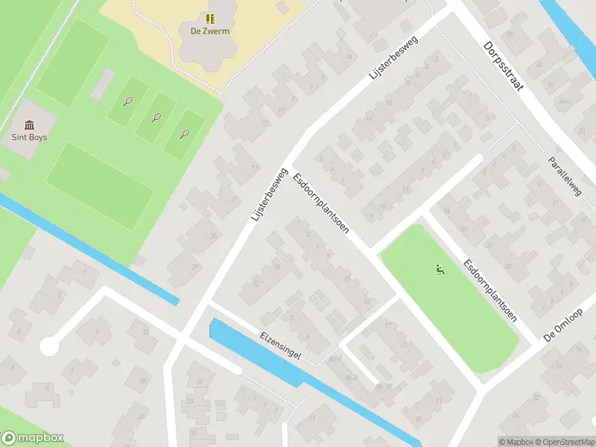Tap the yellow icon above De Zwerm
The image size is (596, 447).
coord(209,18)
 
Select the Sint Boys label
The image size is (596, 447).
coord(29,137)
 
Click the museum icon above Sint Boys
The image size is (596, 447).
coord(29,124)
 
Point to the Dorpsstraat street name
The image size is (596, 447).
coord(503,66)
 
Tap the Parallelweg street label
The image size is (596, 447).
coord(564,177)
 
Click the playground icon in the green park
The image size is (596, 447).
coord(439,270)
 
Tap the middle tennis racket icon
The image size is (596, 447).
coord(156,117)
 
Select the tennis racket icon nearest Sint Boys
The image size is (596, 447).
coord(128,101)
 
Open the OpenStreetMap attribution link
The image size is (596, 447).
coord(563,442)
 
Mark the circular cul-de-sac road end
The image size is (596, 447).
coord(49,346)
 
